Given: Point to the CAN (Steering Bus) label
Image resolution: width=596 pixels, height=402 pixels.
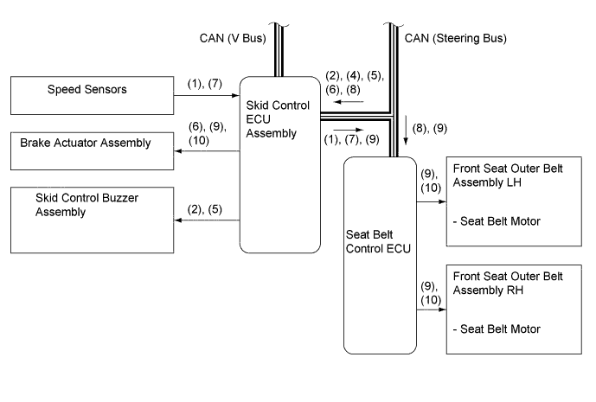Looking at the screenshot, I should pos(455,38).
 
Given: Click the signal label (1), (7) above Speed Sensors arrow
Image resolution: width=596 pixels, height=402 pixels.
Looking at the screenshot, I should pos(205,84).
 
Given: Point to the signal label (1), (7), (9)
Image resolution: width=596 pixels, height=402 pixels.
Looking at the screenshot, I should pos(351,139).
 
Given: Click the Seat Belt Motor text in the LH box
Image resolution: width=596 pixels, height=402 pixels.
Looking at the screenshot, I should pos(497,221).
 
